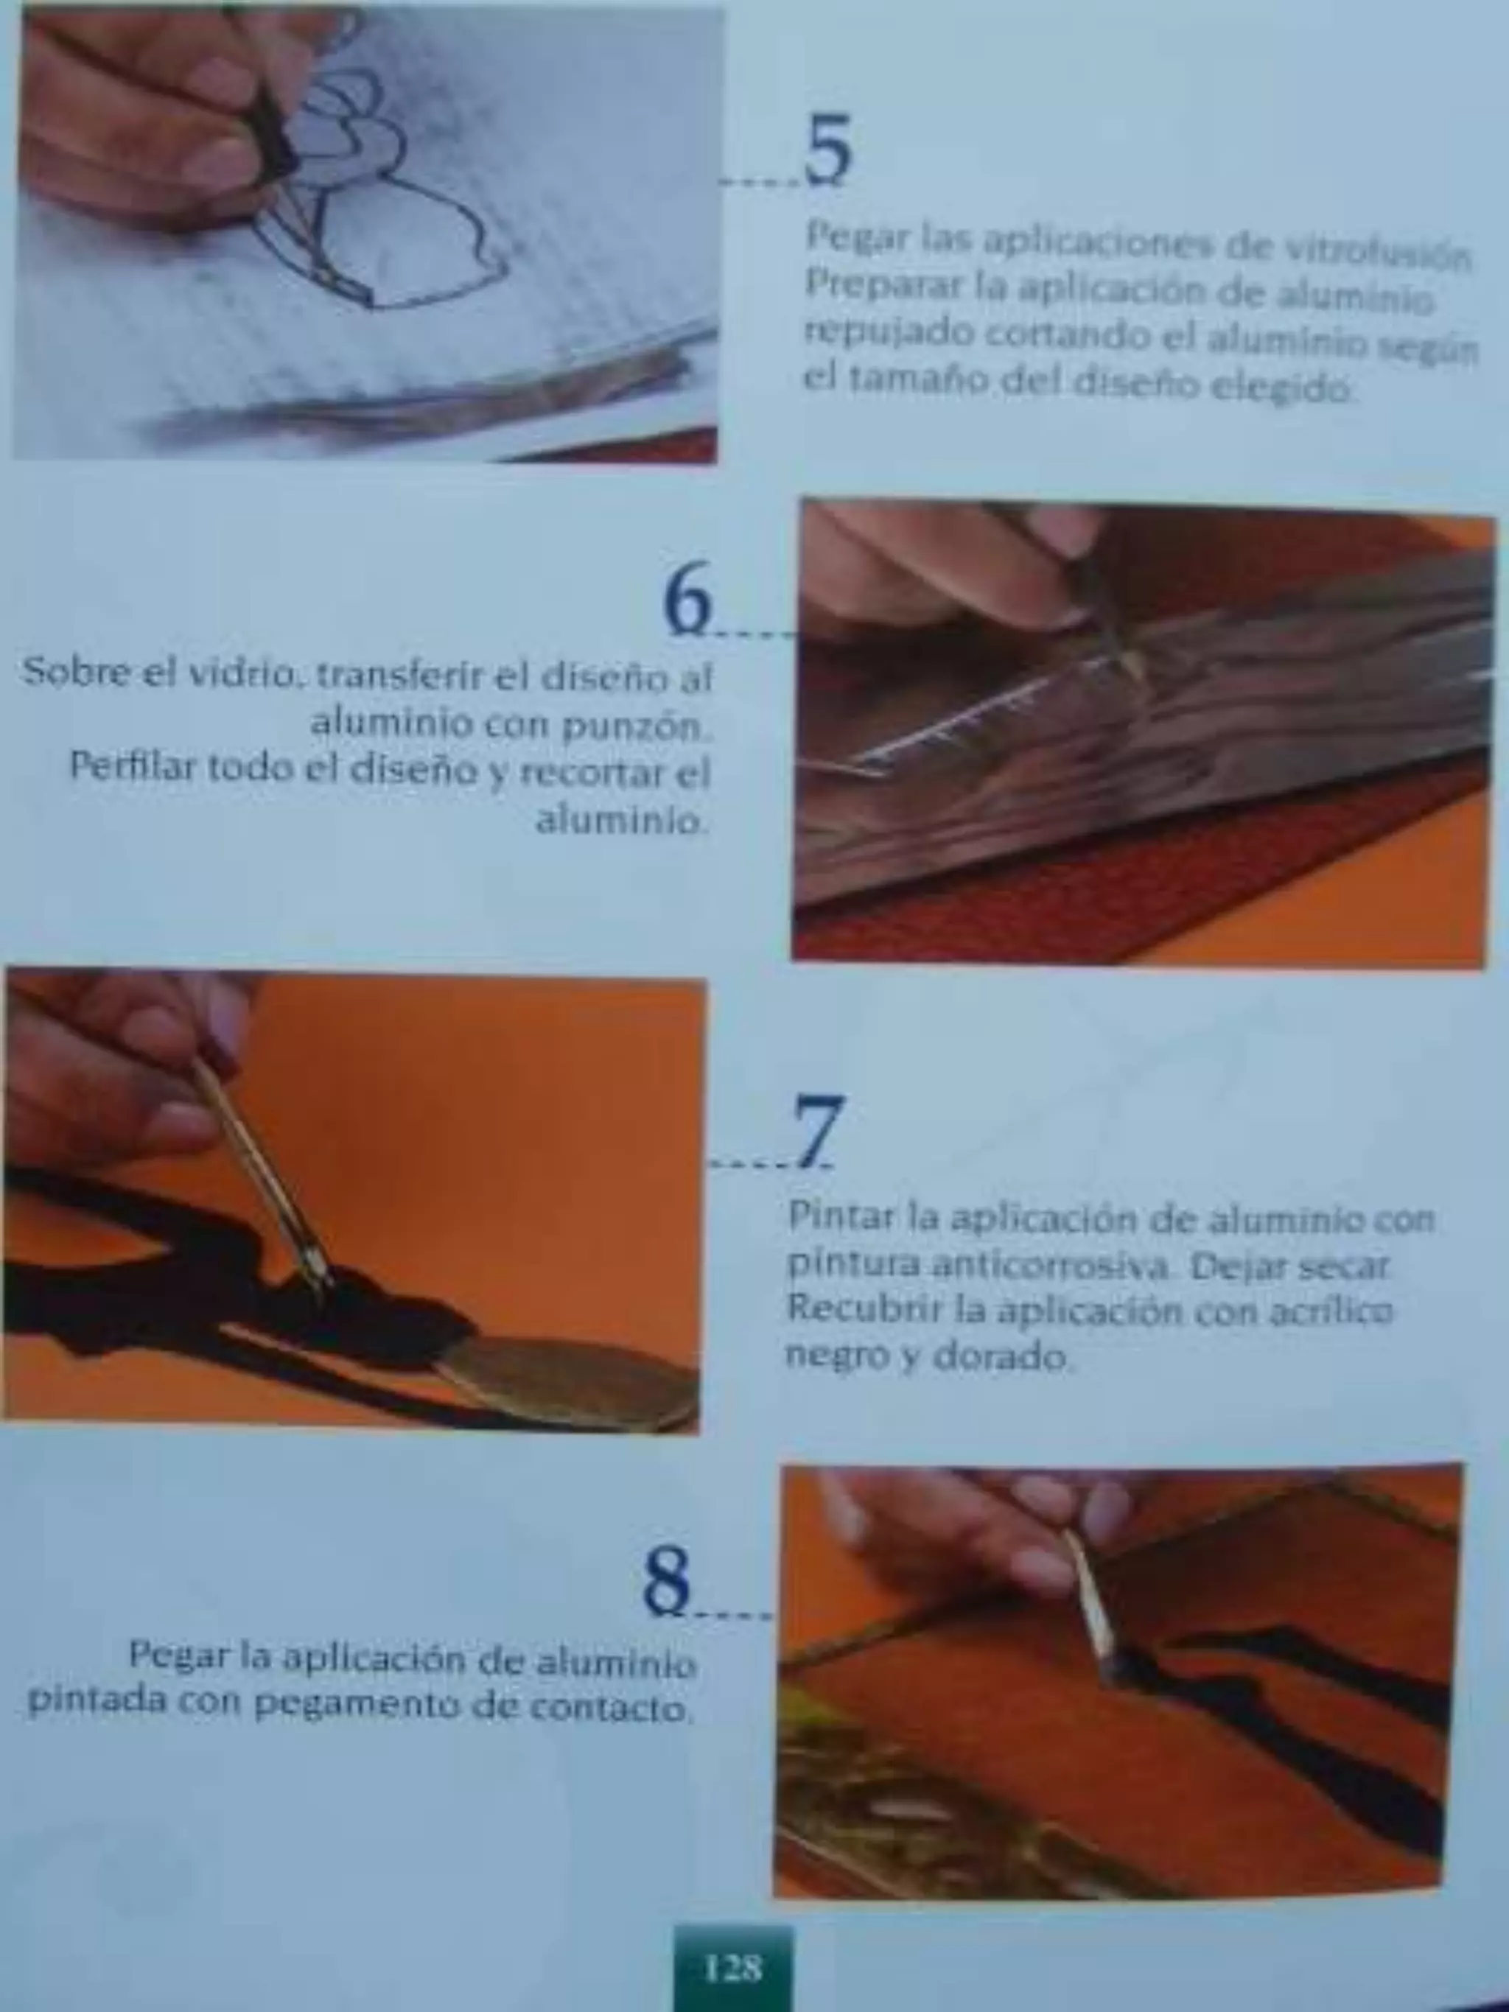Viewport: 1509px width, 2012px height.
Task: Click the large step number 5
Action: pos(827,150)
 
